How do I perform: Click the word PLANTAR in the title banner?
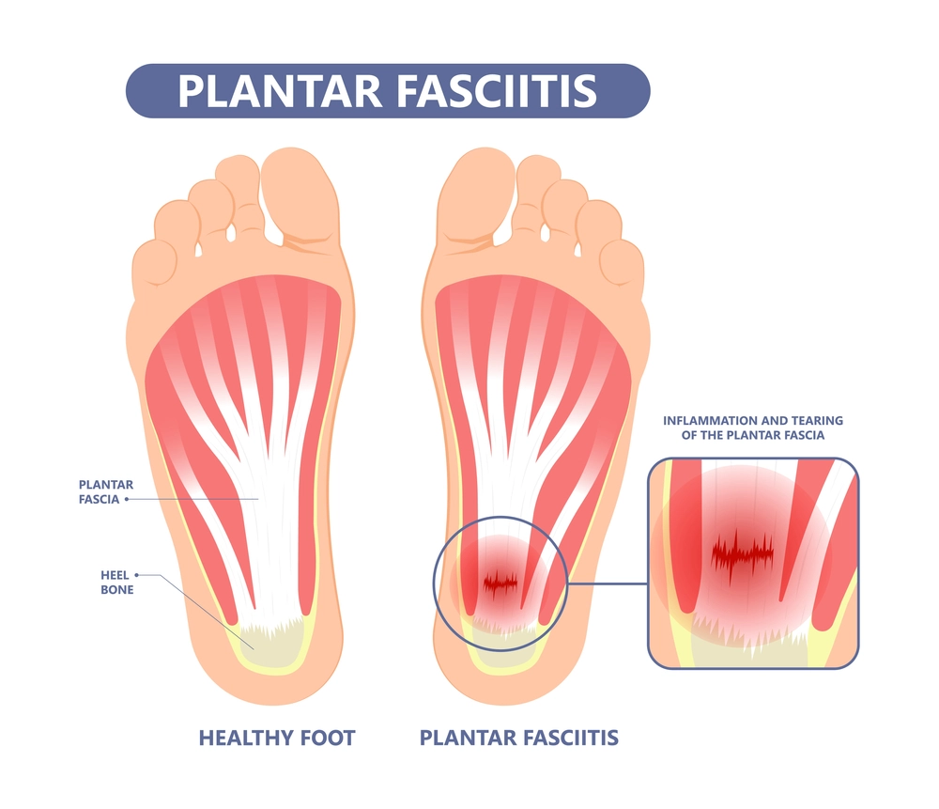tap(280, 91)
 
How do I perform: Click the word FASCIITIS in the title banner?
tap(497, 91)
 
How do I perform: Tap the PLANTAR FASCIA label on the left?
tap(106, 492)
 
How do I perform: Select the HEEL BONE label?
tap(116, 583)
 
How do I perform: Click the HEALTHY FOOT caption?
tap(277, 738)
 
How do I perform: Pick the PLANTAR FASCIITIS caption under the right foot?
tap(518, 738)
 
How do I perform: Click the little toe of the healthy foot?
tap(154, 264)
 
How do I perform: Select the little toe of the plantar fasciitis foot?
tap(623, 264)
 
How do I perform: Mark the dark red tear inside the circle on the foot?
tap(500, 582)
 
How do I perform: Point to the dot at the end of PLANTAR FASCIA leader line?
tap(127, 499)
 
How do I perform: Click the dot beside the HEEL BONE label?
tap(136, 575)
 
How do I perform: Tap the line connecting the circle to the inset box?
tap(608, 583)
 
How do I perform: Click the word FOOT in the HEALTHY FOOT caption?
tap(328, 738)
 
